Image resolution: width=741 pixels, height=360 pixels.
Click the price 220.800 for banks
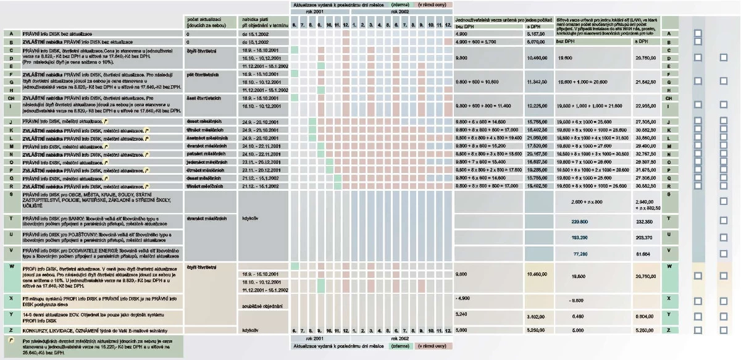(x=579, y=220)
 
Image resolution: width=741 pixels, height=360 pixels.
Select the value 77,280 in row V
(x=579, y=253)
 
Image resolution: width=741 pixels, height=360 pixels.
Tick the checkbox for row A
(x=698, y=33)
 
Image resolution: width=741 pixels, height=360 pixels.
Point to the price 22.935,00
(x=644, y=106)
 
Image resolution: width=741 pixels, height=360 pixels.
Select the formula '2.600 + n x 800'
(x=587, y=201)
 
